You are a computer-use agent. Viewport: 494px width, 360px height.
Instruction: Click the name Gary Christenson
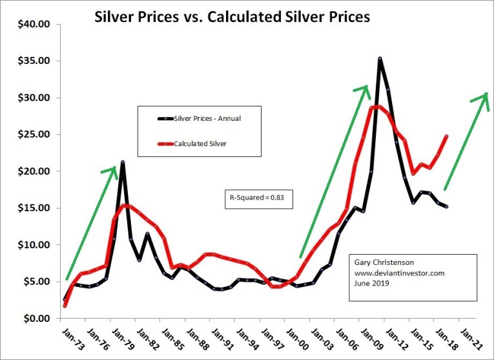coord(382,263)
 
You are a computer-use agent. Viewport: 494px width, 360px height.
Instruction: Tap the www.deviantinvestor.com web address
coord(399,273)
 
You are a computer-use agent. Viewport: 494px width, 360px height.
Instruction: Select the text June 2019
coord(370,284)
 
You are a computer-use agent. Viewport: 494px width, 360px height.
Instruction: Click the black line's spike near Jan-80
coord(122,162)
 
